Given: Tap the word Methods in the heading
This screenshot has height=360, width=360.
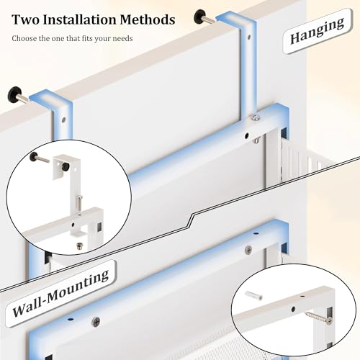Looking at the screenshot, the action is (x=148, y=19).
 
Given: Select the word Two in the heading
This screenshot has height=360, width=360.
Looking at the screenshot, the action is (x=26, y=19).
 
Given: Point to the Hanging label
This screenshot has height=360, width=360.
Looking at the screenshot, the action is (x=317, y=31).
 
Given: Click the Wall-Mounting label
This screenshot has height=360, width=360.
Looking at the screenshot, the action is (x=60, y=293).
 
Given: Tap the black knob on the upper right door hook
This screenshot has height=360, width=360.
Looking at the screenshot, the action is (x=199, y=17).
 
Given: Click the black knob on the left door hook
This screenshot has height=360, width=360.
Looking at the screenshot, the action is (x=14, y=94).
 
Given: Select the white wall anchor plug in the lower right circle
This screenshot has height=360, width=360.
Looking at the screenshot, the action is (x=253, y=295).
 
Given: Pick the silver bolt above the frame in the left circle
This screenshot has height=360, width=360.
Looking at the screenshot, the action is (x=79, y=203).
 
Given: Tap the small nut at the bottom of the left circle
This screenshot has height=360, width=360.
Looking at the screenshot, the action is (x=78, y=246).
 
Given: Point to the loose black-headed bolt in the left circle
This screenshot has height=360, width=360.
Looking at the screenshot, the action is (x=39, y=158).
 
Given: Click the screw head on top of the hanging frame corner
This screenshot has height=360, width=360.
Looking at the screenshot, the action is (x=255, y=117).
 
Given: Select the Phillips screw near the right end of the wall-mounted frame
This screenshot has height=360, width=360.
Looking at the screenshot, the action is (x=248, y=250).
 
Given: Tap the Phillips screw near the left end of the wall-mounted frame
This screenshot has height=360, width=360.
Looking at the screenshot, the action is (x=96, y=321).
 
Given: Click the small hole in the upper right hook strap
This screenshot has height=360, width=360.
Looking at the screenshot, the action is (x=249, y=37).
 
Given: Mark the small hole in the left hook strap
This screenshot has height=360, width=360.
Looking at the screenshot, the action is (x=63, y=120).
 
